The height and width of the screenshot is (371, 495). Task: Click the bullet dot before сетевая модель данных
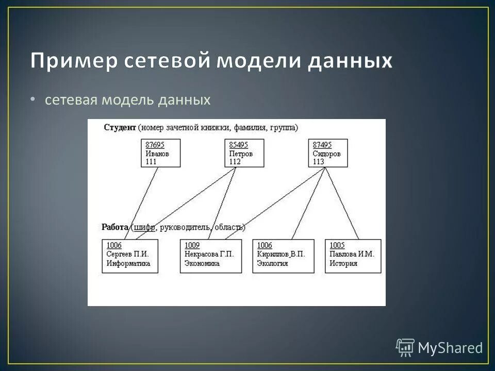(x=33, y=99)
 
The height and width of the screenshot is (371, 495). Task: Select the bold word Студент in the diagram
(x=120, y=127)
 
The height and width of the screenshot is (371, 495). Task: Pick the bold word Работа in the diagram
(x=115, y=227)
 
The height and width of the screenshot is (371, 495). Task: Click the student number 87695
(x=155, y=145)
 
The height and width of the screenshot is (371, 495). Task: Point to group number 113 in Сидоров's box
(x=318, y=162)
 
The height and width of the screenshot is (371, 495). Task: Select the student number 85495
(x=238, y=145)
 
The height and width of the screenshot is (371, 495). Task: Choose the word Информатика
(x=128, y=263)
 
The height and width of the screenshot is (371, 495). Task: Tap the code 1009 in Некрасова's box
(x=192, y=246)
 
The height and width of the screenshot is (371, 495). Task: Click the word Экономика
(x=202, y=263)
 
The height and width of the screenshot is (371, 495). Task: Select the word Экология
(x=273, y=263)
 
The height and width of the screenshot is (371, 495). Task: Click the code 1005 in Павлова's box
(x=337, y=246)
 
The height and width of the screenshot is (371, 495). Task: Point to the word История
(x=343, y=263)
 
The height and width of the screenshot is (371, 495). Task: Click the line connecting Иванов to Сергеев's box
(x=140, y=204)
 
